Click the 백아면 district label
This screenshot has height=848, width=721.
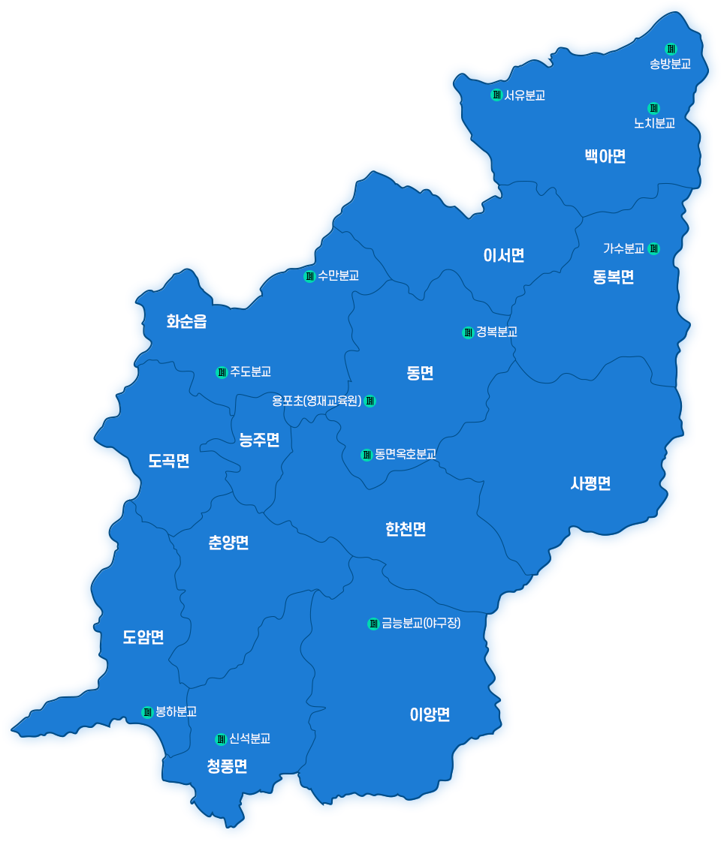click(605, 156)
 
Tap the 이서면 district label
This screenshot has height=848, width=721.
click(503, 255)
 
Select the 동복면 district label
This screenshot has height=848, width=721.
click(613, 277)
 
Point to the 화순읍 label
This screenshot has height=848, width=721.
click(186, 322)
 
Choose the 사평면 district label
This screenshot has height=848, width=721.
click(590, 483)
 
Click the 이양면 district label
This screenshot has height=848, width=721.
click(430, 714)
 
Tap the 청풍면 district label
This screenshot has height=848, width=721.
click(227, 766)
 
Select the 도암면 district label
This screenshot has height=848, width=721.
click(143, 637)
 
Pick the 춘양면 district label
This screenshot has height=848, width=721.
click(228, 543)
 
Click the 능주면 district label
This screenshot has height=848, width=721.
click(259, 440)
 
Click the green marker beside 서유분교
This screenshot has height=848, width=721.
click(496, 95)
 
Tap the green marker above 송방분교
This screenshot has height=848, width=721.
click(671, 49)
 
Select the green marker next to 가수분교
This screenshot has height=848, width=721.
click(653, 248)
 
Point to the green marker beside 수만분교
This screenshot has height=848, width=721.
click(309, 276)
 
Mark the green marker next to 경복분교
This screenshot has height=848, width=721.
click(467, 332)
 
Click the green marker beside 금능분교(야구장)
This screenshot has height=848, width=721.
click(373, 624)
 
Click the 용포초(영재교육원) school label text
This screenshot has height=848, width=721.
click(317, 401)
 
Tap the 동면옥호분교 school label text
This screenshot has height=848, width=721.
click(406, 454)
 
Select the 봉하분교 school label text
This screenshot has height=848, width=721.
click(176, 711)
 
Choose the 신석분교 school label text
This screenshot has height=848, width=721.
click(249, 739)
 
